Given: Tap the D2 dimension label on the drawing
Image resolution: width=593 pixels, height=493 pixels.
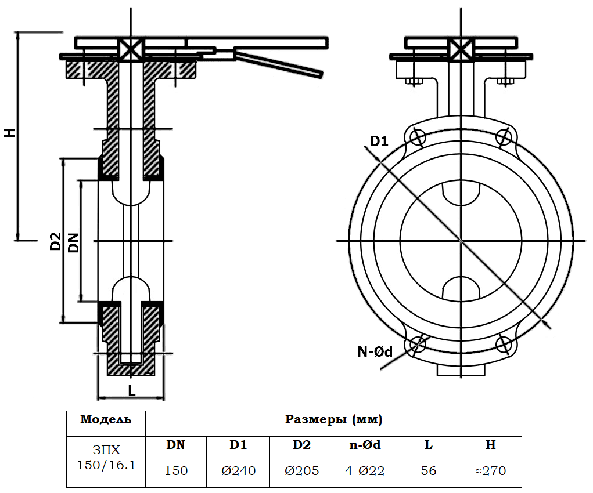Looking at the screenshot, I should point(55,241).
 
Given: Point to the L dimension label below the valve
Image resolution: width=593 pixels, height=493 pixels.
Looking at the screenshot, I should point(132,390).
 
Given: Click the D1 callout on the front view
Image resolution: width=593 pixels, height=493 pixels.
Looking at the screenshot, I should point(379,141).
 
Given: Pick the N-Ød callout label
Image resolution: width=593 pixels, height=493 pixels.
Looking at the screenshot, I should point(375,351).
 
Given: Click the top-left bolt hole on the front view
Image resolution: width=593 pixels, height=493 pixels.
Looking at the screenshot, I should point(418,137).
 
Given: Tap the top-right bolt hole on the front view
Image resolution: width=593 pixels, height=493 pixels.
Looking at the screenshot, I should point(504,137).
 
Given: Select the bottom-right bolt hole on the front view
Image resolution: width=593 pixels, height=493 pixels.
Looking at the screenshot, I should point(504,345).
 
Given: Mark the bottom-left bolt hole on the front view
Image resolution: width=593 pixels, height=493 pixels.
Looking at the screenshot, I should point(418,345).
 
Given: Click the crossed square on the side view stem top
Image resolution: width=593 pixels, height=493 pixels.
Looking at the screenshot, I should point(131,49).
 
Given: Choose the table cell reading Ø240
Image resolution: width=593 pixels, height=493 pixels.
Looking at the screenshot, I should point(238,471).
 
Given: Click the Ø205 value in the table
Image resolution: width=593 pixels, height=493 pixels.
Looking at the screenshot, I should point(301,471).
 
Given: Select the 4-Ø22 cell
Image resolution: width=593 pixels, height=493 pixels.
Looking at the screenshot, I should point(365,471).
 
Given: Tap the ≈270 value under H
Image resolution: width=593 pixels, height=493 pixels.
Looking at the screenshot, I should point(490,471).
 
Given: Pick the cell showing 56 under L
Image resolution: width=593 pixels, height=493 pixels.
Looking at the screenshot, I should point(428,471).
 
